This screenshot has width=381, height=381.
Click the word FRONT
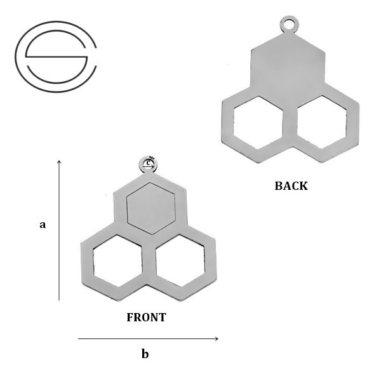click(x=146, y=317)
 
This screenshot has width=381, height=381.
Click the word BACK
click(x=291, y=186)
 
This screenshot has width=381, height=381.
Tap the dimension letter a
click(x=43, y=224)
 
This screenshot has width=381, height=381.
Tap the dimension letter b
click(x=145, y=354)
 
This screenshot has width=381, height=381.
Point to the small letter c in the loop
click(x=148, y=163)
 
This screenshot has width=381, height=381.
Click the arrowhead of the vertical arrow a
click(x=59, y=163)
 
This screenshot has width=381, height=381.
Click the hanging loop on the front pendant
click(x=148, y=164)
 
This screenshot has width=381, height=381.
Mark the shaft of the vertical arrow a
click(x=59, y=235)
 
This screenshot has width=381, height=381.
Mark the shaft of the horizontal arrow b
click(x=146, y=338)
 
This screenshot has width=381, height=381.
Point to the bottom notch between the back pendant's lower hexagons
click(x=290, y=149)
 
